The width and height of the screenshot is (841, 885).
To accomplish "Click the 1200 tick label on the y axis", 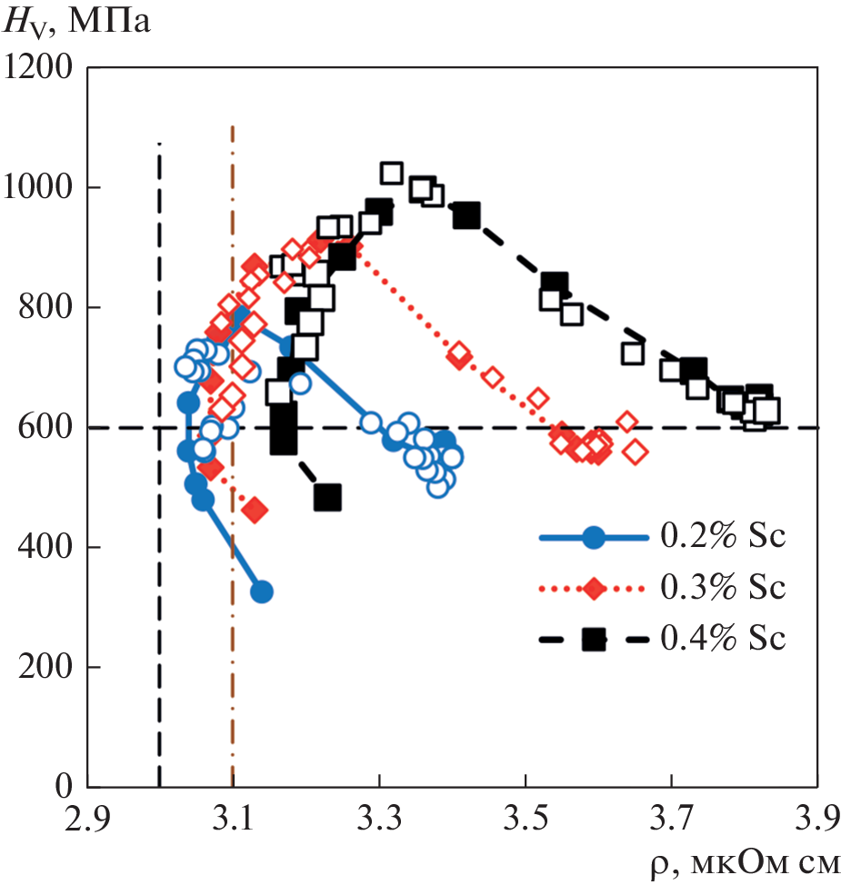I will (42, 68).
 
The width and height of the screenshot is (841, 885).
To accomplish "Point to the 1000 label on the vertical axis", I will (42, 188).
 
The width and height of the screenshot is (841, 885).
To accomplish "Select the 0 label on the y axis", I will (66, 786).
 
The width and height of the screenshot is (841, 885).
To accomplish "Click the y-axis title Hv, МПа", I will (77, 22).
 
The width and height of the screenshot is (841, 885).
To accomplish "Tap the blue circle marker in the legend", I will (593, 538).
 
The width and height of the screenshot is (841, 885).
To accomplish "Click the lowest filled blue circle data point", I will (262, 592).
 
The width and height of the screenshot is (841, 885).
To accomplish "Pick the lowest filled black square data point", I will (327, 497).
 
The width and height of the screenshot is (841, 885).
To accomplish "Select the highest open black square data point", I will (391, 174).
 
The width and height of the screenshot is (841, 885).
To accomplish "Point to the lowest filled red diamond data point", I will (255, 511).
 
